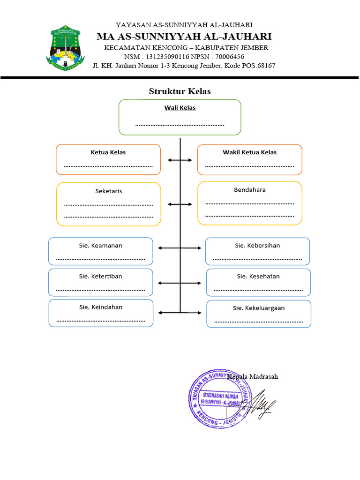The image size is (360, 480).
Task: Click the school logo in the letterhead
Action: (65, 48)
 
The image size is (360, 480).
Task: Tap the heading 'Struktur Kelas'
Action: (180, 91)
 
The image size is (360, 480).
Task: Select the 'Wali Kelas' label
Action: (180, 108)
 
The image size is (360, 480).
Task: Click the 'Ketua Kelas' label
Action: (108, 152)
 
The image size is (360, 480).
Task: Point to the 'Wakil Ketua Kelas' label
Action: (249, 152)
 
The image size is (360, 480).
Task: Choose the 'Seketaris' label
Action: (108, 191)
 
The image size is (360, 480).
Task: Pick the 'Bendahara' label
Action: (249, 190)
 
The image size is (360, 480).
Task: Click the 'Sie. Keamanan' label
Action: (101, 245)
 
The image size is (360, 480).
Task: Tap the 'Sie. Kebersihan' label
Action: (257, 245)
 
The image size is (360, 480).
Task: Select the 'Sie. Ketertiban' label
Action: (101, 276)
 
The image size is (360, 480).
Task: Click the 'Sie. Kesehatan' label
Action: (258, 276)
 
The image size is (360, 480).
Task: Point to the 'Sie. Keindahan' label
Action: (101, 307)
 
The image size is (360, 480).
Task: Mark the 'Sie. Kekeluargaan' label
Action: (259, 308)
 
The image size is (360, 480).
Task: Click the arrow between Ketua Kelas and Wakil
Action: (180, 160)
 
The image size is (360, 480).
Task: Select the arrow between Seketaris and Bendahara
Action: (180, 204)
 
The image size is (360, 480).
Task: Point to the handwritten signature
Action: (262, 404)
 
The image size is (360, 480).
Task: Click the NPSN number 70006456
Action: (229, 56)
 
